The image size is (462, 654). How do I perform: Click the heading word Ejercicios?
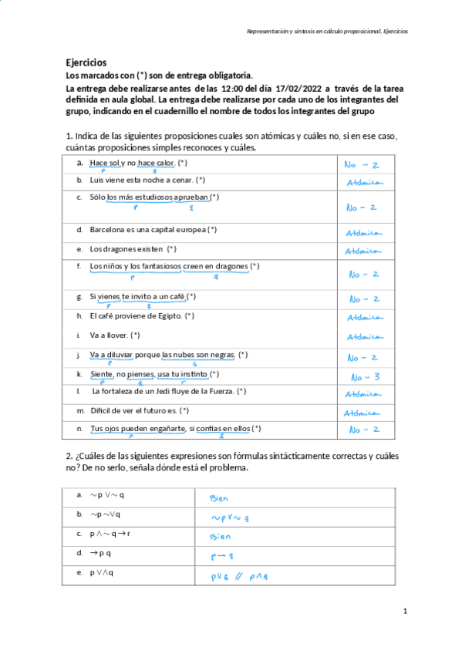coord(86,62)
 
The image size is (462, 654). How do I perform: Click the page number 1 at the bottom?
coord(405,611)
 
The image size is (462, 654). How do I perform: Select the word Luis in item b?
coord(96,180)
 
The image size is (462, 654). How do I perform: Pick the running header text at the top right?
coord(327,32)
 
